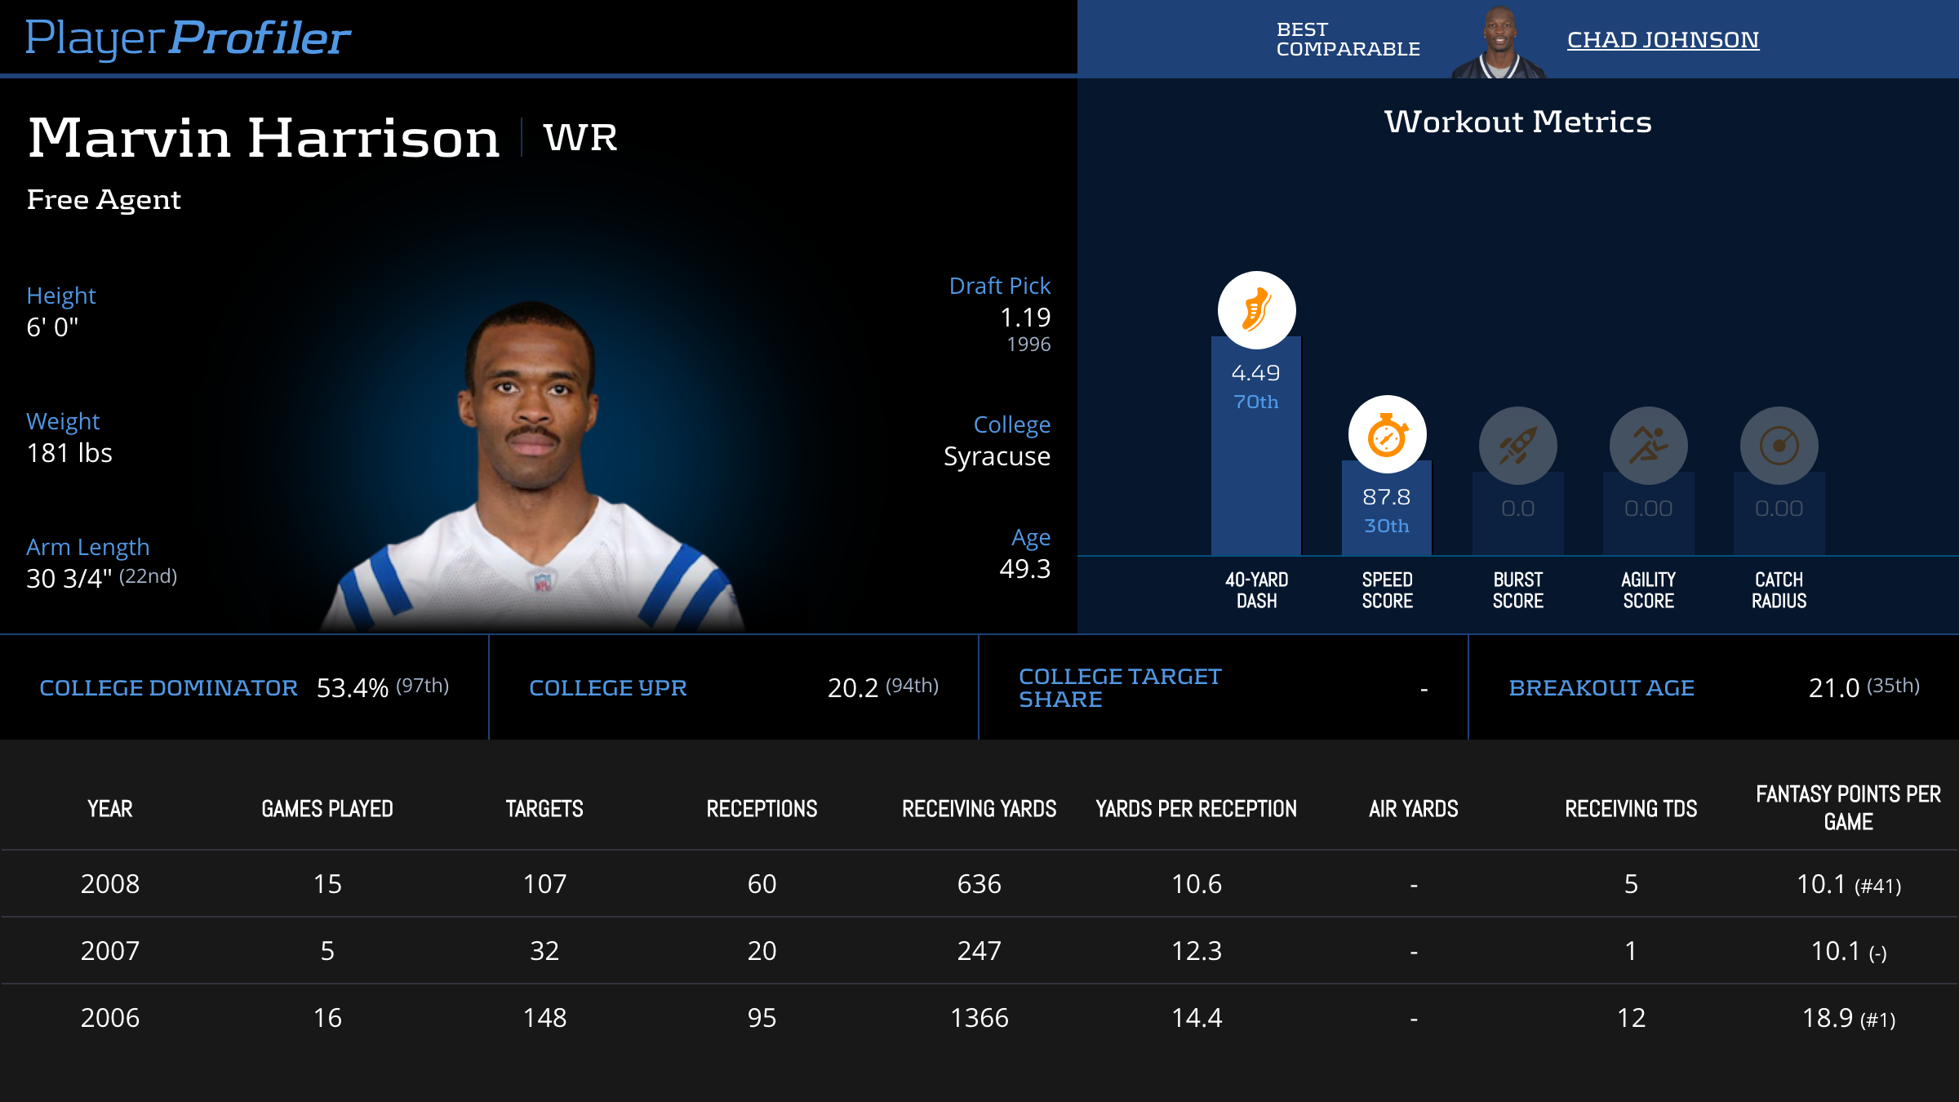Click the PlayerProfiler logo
coord(188,38)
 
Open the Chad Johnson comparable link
coord(1663,39)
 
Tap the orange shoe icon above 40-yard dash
coord(1256,310)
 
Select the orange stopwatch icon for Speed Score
coord(1387,434)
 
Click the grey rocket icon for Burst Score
coord(1517,446)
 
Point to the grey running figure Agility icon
coord(1648,446)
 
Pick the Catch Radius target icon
coord(1779,446)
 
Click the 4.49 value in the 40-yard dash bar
coord(1255,373)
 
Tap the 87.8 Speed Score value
coord(1386,497)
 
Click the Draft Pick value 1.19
coord(1025,318)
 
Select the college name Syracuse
coord(997,456)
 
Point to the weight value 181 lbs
coord(69,453)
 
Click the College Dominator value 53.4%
coord(352,688)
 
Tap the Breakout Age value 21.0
coord(1833,688)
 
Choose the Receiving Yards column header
coord(979,809)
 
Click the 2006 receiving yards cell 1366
coord(979,1018)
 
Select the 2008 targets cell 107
coord(544,884)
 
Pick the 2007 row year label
coord(110,951)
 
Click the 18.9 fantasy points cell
coord(1828,1018)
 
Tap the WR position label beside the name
coord(580,137)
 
